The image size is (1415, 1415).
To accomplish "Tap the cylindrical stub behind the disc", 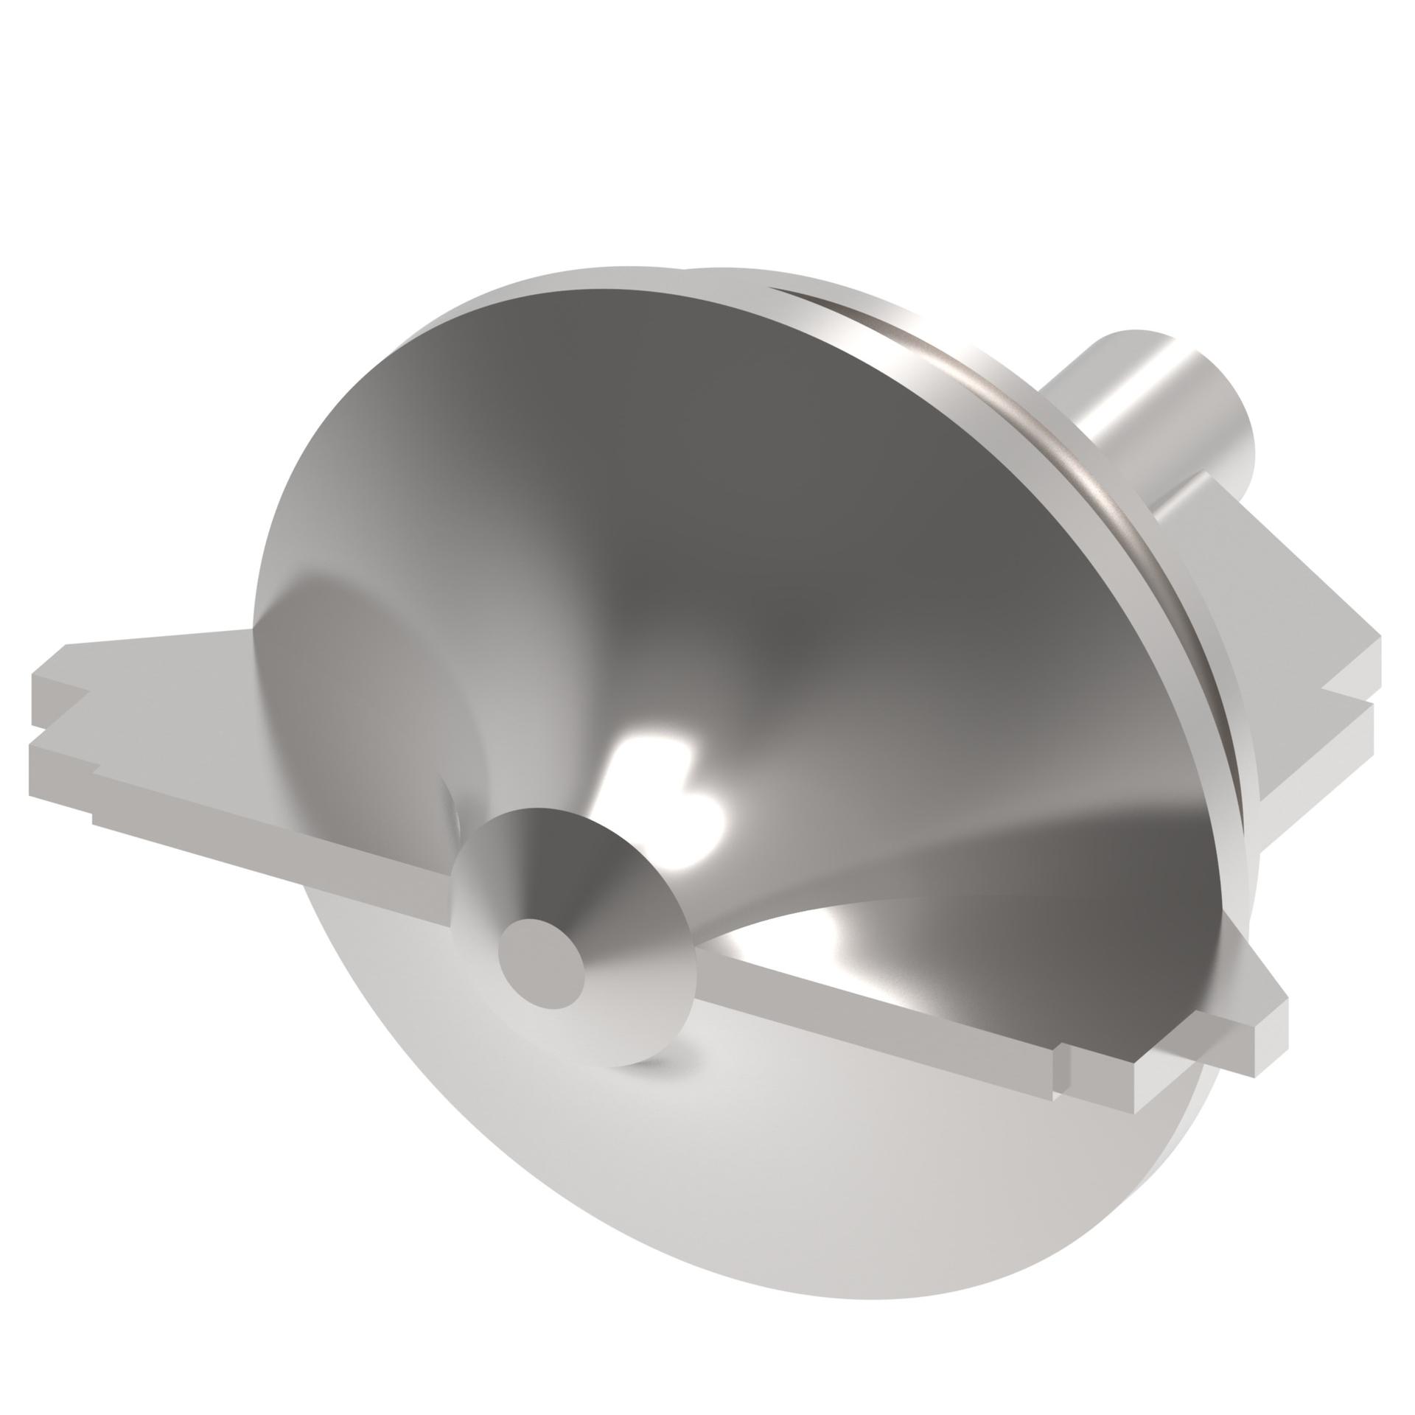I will pyautogui.click(x=1150, y=424).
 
